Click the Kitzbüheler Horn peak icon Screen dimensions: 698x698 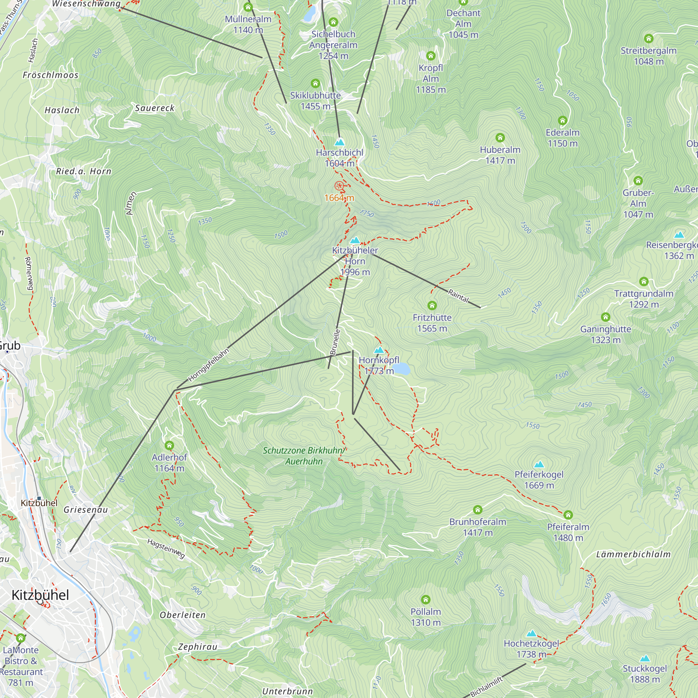pyautogui.click(x=355, y=240)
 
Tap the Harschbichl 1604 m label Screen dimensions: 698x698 pyautogui.click(x=340, y=158)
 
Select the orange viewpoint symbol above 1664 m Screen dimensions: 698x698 pyautogui.click(x=339, y=186)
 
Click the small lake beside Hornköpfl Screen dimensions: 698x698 pyautogui.click(x=401, y=369)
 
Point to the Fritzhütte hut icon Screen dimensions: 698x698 pyautogui.click(x=432, y=306)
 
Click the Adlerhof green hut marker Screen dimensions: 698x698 pyautogui.click(x=170, y=445)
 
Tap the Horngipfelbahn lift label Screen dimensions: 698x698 pyautogui.click(x=208, y=365)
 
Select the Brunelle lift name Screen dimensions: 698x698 pyautogui.click(x=335, y=342)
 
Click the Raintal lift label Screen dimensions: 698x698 pyautogui.click(x=458, y=296)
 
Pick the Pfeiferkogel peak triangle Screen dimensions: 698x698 pyautogui.click(x=539, y=465)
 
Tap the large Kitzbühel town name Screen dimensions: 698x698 pyautogui.click(x=40, y=595)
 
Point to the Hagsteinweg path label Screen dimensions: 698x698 pyautogui.click(x=166, y=548)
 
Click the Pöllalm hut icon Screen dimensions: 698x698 pyautogui.click(x=426, y=600)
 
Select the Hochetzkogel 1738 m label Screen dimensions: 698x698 pyautogui.click(x=531, y=649)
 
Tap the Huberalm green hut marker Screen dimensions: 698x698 pyautogui.click(x=500, y=138)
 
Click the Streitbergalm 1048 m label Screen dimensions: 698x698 pyautogui.click(x=648, y=56)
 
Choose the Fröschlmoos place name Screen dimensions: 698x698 pyautogui.click(x=51, y=75)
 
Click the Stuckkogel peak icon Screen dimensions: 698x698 pyautogui.click(x=645, y=659)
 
